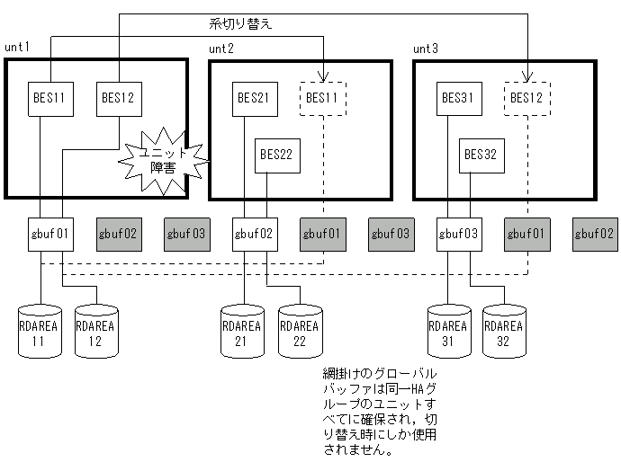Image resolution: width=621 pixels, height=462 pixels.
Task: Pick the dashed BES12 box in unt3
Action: point(526,98)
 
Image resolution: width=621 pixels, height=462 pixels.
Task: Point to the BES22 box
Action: point(277,155)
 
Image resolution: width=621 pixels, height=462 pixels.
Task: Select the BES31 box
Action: point(458,98)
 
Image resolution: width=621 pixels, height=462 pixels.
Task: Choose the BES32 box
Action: point(481,155)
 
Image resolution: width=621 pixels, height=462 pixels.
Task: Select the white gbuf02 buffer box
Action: point(254,233)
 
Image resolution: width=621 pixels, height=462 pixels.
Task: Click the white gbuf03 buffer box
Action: point(458,233)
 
